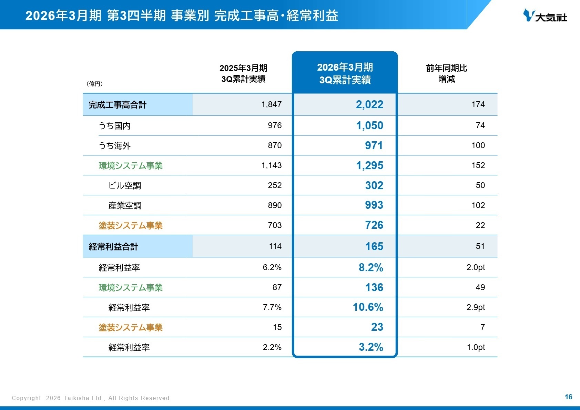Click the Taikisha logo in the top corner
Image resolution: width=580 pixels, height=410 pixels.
click(545, 16)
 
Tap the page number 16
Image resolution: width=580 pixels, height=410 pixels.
click(568, 397)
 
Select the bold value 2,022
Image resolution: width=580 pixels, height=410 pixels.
click(369, 104)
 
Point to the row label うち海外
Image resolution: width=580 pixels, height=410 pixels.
click(115, 146)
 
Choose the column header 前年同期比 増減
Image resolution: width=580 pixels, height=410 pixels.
click(446, 73)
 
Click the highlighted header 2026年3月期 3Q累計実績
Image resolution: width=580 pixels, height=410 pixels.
click(345, 73)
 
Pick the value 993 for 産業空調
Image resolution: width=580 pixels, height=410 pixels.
click(374, 205)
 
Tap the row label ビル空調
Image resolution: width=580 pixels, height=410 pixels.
click(124, 186)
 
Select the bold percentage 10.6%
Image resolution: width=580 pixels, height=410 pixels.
click(368, 307)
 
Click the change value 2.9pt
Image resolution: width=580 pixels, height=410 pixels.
click(476, 307)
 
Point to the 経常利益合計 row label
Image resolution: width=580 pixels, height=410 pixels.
click(113, 247)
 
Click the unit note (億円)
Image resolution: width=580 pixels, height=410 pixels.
click(94, 84)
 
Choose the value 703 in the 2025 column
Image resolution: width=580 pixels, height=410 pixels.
click(275, 225)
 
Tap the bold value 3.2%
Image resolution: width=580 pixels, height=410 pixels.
click(371, 347)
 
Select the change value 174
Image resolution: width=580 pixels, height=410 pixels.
click(478, 104)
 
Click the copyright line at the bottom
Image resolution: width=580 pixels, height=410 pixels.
click(91, 398)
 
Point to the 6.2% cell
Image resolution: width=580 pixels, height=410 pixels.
click(272, 267)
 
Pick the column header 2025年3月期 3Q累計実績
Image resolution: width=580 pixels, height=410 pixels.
click(243, 73)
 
